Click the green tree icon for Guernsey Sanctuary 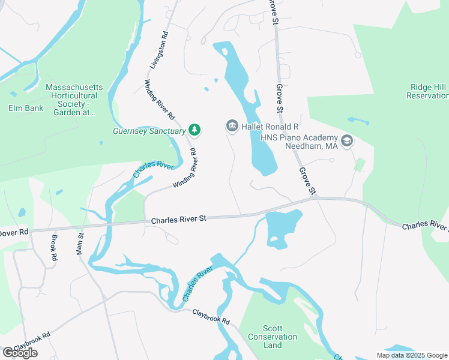pos(194,130)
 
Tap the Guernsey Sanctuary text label pos(149,131)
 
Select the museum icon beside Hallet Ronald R pos(232,126)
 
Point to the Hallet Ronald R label pos(270,127)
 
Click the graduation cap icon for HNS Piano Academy pos(346,141)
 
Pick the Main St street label pos(80,244)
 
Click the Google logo pos(20,352)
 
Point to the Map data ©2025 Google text pos(412,355)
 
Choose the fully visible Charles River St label pos(178,220)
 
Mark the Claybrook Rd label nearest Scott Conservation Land pos(211,317)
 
